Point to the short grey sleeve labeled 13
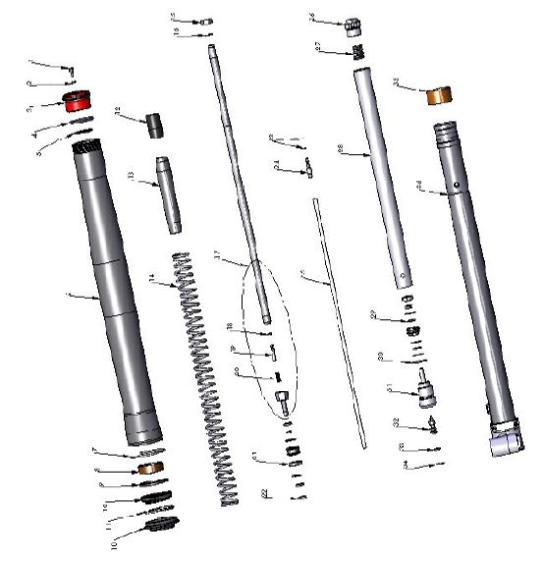pos(168,194)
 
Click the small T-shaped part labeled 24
pos(307,169)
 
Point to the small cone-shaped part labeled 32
pos(433,426)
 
